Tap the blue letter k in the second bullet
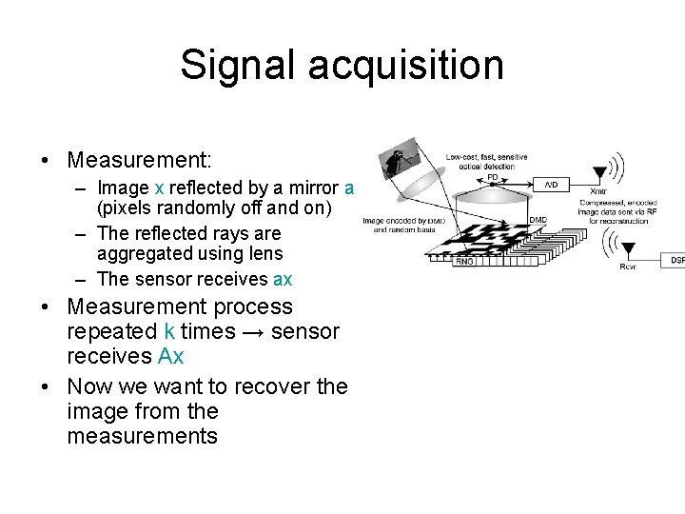[x=169, y=332]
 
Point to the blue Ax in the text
[x=170, y=357]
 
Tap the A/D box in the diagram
[x=553, y=184]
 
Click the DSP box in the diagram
[x=676, y=259]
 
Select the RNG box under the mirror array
[x=464, y=261]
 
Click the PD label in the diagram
[x=492, y=177]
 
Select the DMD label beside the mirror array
[x=538, y=221]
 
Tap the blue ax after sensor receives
[x=283, y=279]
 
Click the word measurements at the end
[x=143, y=437]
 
